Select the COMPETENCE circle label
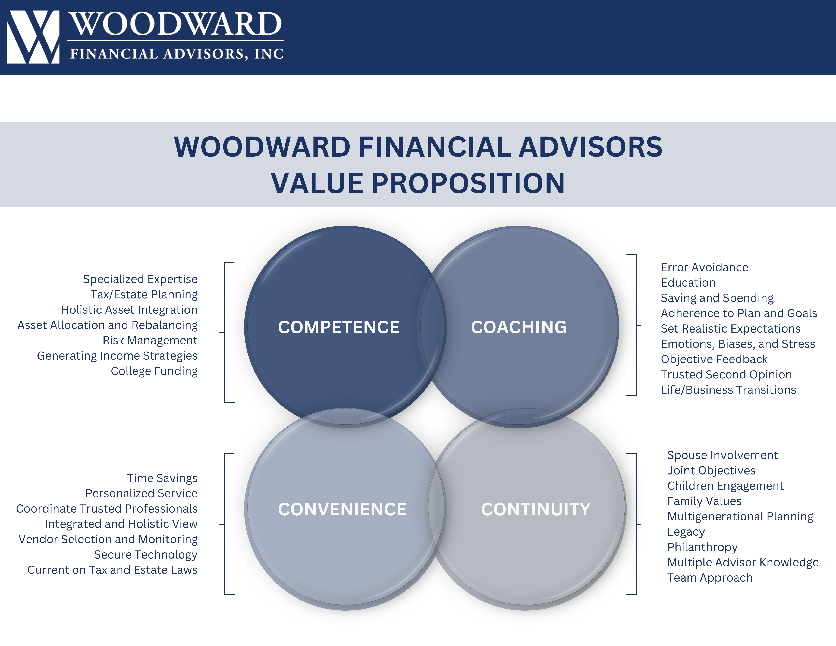tap(339, 327)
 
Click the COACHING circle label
tap(519, 327)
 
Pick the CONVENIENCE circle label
tap(342, 509)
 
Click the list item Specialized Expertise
tap(140, 279)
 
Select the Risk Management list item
tap(150, 340)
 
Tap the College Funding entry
tap(154, 371)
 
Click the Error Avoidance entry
tap(704, 267)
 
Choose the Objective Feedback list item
tap(714, 359)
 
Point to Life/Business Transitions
tap(728, 390)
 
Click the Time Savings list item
tap(162, 478)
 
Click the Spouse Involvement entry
tap(723, 455)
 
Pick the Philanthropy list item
tap(702, 547)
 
